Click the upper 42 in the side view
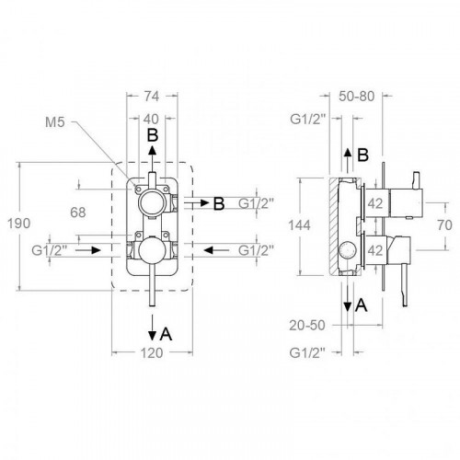(x=375, y=204)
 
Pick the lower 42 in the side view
(x=375, y=247)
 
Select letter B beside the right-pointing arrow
(x=218, y=203)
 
